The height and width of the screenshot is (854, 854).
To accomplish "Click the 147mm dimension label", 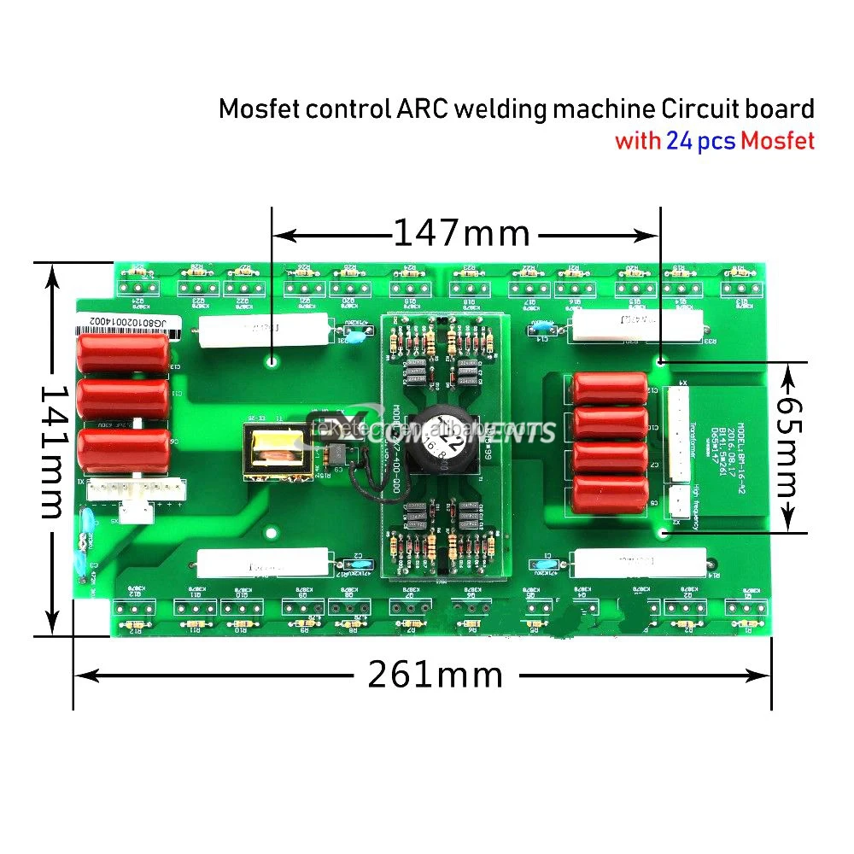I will point(461,232).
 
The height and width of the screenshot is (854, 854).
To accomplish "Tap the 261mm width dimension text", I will point(436,676).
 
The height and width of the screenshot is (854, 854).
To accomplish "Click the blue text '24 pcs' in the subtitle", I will point(700,141).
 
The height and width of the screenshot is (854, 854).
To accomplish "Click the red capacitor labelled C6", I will point(123,449).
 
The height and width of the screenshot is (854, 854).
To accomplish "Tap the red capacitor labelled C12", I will point(610,389).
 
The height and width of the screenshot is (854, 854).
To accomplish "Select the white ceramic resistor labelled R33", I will point(636,325).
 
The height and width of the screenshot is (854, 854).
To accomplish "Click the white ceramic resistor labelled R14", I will point(640,562).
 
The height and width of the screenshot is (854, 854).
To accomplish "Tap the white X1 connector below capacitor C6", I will point(137,494).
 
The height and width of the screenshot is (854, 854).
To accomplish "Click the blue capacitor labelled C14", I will point(541,326).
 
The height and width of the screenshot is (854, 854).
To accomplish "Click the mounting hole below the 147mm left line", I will point(272,362).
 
